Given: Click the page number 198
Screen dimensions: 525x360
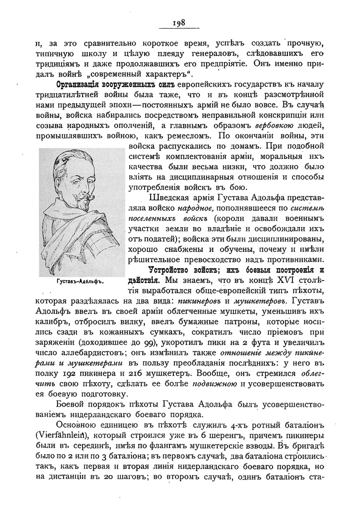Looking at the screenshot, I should tap(179, 23).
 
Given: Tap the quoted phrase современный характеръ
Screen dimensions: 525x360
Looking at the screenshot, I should tap(147, 74).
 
